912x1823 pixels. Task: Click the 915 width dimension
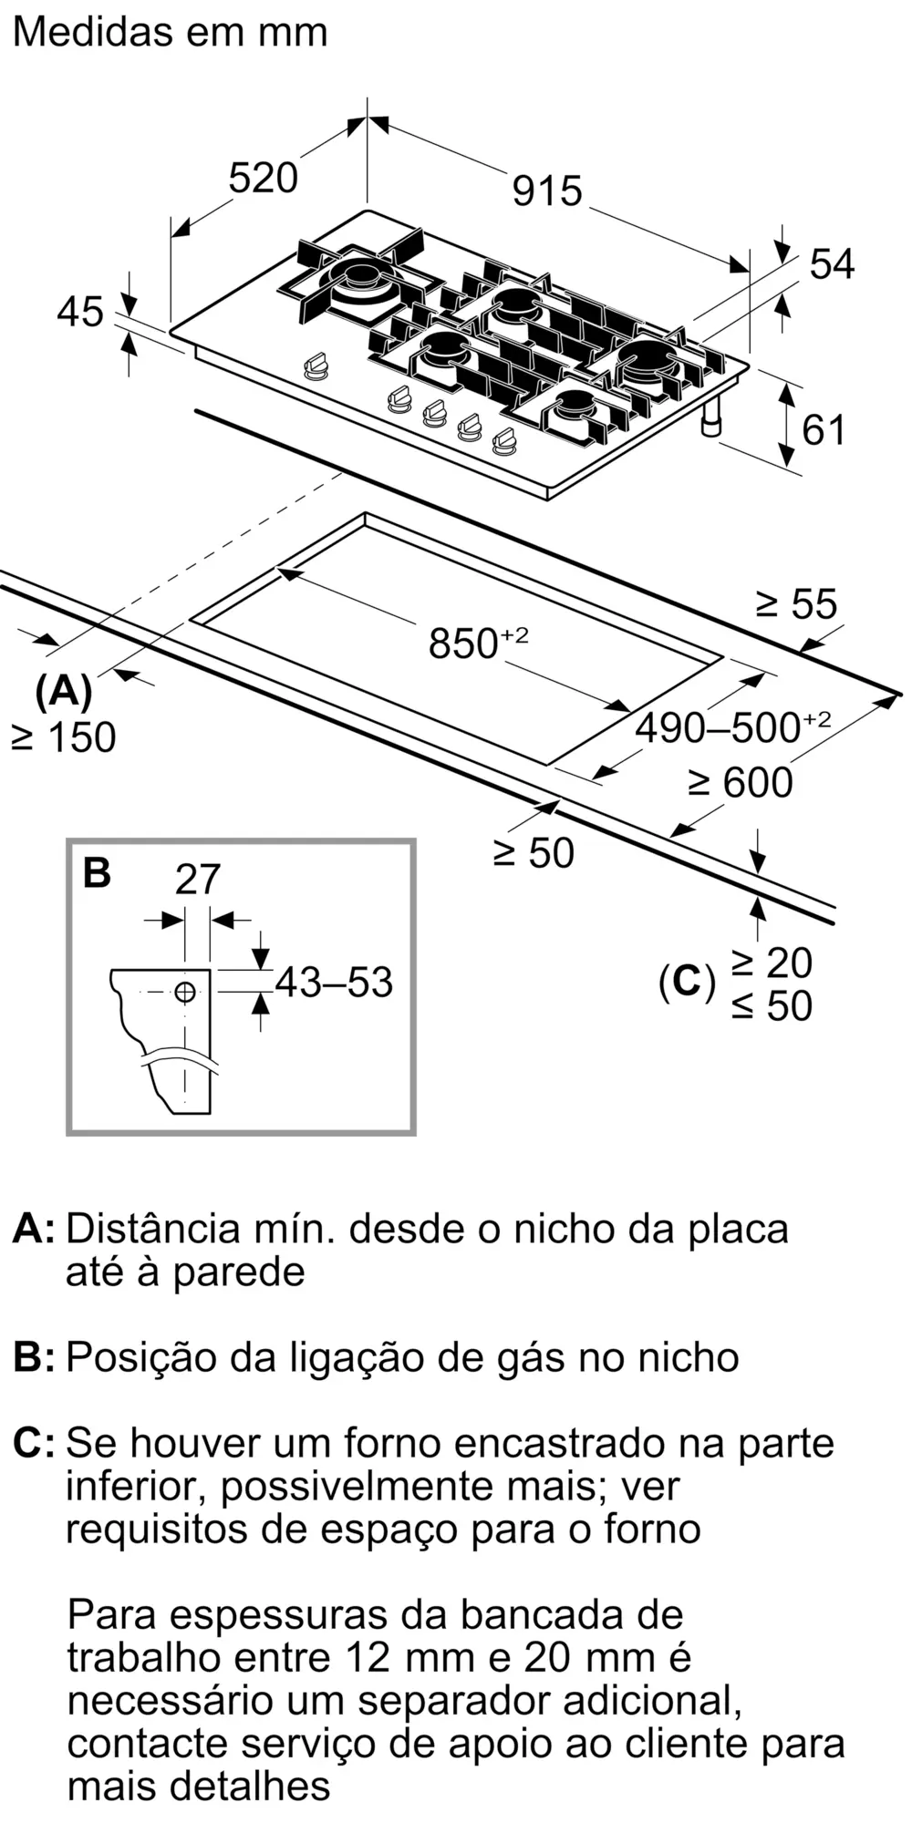pos(547,191)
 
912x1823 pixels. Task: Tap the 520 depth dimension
pos(264,177)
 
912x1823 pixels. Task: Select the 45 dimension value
pos(80,312)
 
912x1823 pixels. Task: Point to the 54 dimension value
pos(832,263)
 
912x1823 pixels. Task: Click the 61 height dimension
pos(824,429)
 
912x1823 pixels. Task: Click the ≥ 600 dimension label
pos(741,782)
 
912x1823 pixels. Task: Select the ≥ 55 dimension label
pos(796,603)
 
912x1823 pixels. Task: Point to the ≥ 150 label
pos(64,737)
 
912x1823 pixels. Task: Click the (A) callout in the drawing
pos(64,692)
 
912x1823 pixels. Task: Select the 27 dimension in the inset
pos(198,880)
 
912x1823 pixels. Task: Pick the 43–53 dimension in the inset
pos(334,982)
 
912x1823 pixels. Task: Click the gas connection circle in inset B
pos(185,992)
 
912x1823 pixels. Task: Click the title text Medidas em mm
pos(171,32)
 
